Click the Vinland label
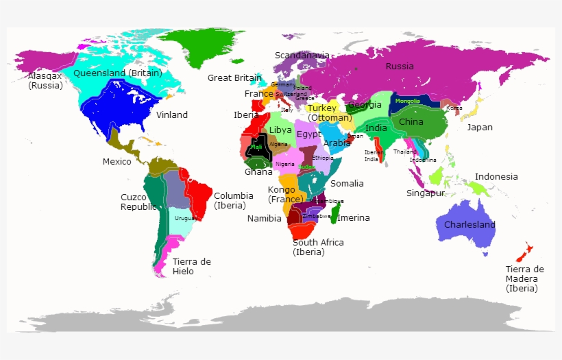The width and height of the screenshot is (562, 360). point(171,115)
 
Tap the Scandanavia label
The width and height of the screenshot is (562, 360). point(302,56)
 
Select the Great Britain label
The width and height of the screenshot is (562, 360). point(234,78)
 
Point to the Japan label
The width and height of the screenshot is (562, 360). point(480,128)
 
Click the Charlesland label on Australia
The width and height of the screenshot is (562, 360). point(469,225)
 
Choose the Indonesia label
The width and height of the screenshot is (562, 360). point(496,177)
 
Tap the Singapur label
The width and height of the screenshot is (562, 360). point(425,193)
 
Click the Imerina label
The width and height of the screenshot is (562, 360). point(354,218)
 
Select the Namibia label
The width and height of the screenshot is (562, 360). point(264,219)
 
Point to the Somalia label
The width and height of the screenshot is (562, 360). point(347,184)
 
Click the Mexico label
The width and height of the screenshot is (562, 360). point(117,162)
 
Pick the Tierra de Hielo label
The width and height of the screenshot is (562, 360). point(192,266)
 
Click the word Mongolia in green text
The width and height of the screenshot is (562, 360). point(407,101)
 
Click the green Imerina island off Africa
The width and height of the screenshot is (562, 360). point(335,212)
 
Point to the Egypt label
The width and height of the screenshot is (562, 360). point(308,134)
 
